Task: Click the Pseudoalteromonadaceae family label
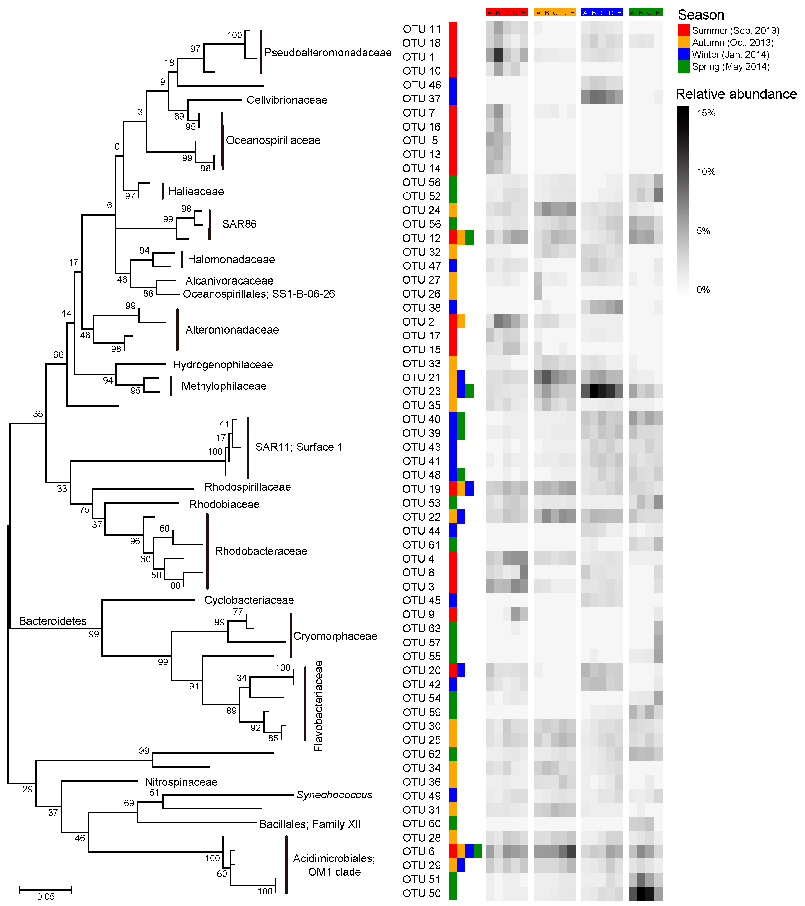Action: (328, 53)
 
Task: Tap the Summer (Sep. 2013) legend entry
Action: (735, 31)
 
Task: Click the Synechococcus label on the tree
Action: (334, 795)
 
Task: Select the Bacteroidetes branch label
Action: (52, 621)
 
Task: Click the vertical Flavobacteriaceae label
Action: (318, 706)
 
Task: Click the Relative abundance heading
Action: (736, 94)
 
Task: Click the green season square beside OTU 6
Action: (478, 851)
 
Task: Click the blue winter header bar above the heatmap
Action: (602, 12)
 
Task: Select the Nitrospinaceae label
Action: (181, 782)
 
